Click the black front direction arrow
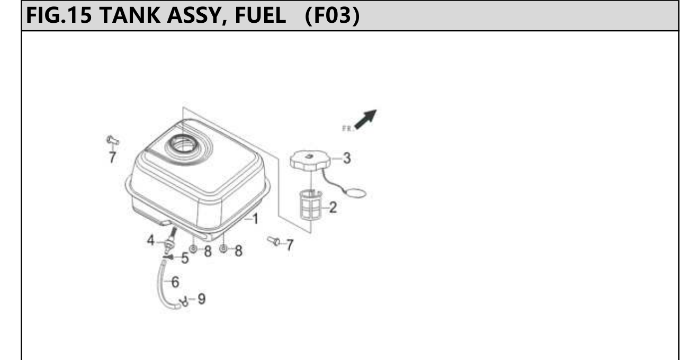point(366,119)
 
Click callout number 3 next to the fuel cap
point(347,158)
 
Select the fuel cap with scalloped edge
point(310,160)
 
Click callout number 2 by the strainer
point(333,208)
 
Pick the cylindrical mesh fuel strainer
point(310,205)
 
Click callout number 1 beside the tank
point(255,219)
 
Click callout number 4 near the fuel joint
point(151,240)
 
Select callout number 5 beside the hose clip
point(185,258)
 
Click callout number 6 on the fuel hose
point(175,282)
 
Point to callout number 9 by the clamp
point(202,299)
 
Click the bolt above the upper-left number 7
point(113,141)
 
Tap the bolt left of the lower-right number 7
point(274,241)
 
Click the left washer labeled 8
point(193,249)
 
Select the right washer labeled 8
point(223,249)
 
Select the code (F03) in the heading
point(332,15)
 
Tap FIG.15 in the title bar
point(59,15)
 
